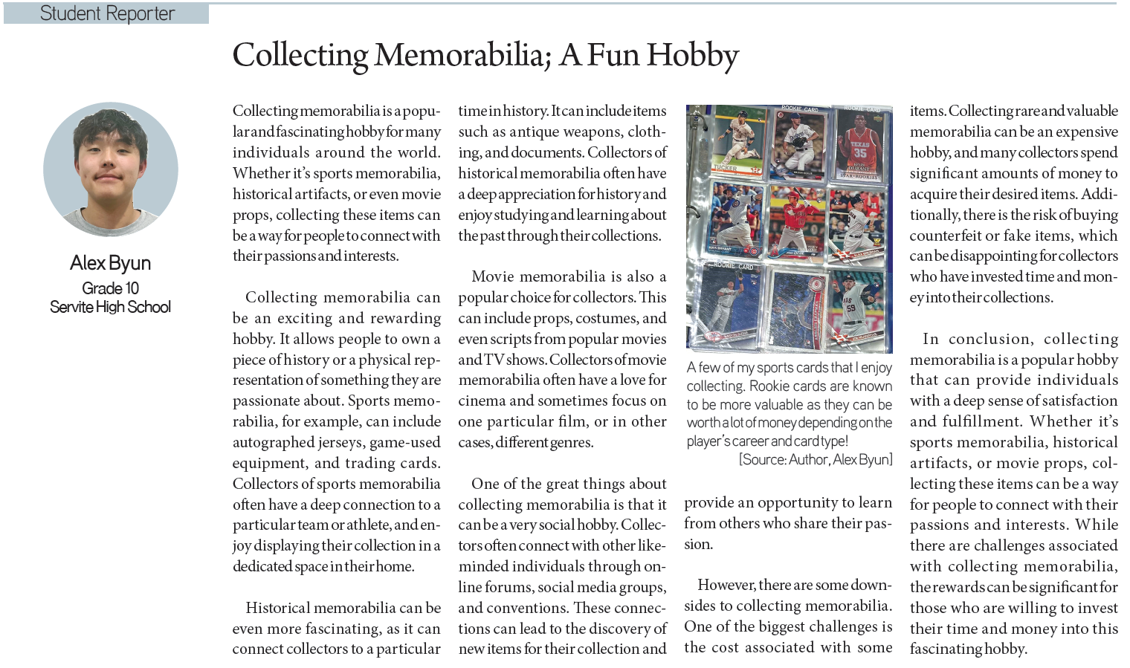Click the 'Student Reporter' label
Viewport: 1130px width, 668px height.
pyautogui.click(x=107, y=13)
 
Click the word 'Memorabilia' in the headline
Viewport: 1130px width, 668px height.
pyautogui.click(x=461, y=55)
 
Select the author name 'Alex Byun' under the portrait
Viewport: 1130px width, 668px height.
pyautogui.click(x=110, y=263)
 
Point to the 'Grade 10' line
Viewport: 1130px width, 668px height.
pyautogui.click(x=110, y=288)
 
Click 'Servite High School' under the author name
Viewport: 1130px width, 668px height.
pyautogui.click(x=110, y=307)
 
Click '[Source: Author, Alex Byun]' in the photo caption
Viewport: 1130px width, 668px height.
pyautogui.click(x=816, y=460)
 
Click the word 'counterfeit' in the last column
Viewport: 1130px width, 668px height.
pyautogui.click(x=944, y=236)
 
